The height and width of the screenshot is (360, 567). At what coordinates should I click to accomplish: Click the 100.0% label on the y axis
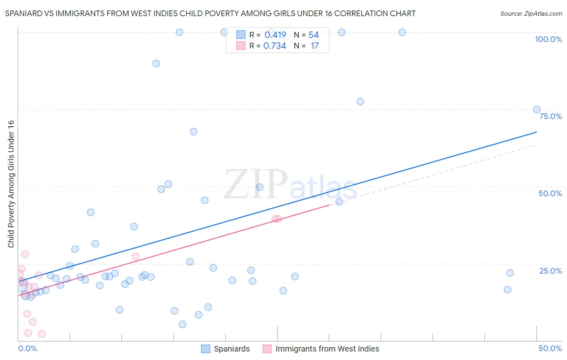point(548,39)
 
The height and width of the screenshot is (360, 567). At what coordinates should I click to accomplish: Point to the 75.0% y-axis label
point(550,116)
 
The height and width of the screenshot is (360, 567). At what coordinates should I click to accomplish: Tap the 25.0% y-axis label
point(550,271)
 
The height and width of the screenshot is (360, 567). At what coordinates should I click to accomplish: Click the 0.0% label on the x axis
point(28,348)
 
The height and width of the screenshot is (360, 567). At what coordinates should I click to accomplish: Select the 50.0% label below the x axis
point(550,348)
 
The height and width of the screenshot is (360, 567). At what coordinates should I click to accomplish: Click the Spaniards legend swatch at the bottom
point(206,349)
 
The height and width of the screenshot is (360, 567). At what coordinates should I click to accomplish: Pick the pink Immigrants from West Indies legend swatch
point(267,349)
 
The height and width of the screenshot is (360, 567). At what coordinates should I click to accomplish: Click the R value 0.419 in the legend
point(275,35)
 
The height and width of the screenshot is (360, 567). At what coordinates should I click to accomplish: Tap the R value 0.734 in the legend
point(275,46)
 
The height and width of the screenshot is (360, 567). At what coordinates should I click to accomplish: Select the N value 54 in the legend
point(314,35)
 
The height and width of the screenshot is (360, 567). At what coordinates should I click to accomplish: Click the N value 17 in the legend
point(315,46)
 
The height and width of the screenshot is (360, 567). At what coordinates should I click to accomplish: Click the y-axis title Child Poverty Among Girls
point(11,184)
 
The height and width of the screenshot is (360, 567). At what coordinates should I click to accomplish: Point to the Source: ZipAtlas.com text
point(531,14)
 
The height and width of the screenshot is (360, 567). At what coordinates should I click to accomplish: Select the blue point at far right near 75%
point(537,109)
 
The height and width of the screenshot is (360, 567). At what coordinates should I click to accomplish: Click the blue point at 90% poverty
point(156,63)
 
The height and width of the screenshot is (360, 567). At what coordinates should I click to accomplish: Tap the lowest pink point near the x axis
point(42,334)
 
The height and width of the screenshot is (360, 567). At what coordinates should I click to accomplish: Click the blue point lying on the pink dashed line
point(339,202)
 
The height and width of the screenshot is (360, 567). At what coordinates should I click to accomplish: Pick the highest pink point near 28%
point(25,254)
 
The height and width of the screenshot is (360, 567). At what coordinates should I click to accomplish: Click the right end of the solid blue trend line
point(537,132)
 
